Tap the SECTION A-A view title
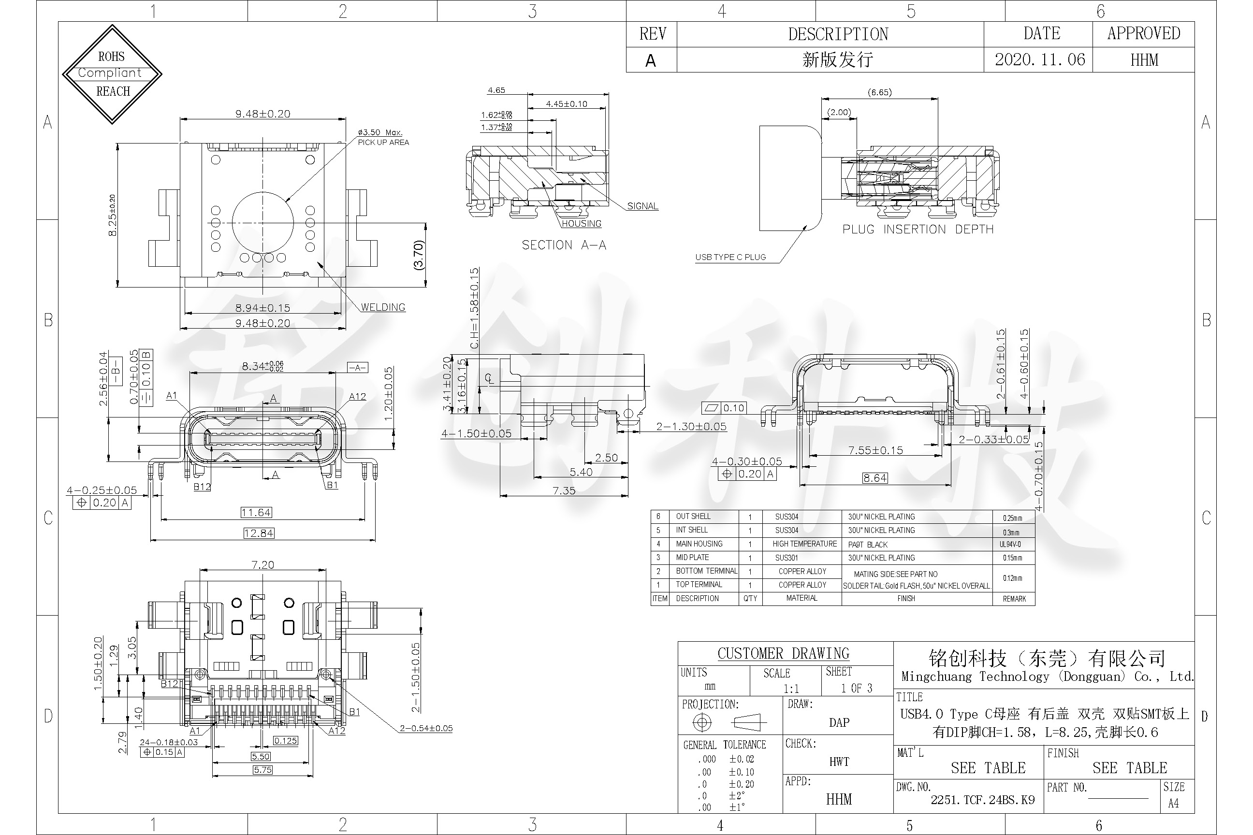[564, 245]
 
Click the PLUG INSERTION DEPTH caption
[918, 230]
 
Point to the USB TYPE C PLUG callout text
[730, 257]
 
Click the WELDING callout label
[382, 307]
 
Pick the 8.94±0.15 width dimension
[262, 308]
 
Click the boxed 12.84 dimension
[258, 533]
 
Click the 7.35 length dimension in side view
[564, 490]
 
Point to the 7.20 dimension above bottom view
[262, 564]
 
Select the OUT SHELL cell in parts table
[693, 517]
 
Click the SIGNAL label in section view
[642, 206]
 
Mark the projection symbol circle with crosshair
[701, 722]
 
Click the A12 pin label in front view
[357, 397]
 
